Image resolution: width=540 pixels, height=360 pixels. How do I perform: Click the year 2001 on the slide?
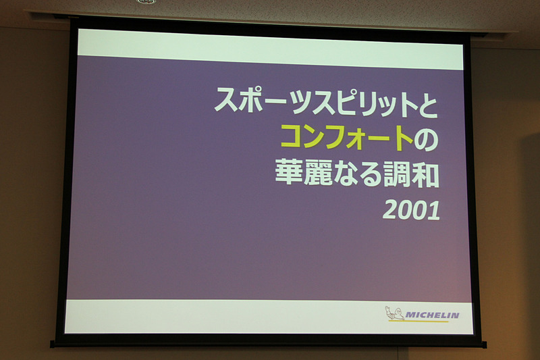coord(411,210)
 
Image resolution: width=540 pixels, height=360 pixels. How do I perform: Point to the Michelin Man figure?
coord(394,313)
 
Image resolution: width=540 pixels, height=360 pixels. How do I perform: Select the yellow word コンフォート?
coord(346,138)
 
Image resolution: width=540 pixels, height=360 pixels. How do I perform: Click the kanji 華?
coord(290,174)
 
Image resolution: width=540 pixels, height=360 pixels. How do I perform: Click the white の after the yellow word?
coord(427,138)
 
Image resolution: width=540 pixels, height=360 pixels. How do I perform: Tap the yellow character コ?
coord(292,138)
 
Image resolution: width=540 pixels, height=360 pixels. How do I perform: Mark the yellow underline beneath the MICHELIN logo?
coord(422,321)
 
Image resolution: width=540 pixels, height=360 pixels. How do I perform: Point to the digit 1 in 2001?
coord(433,210)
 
